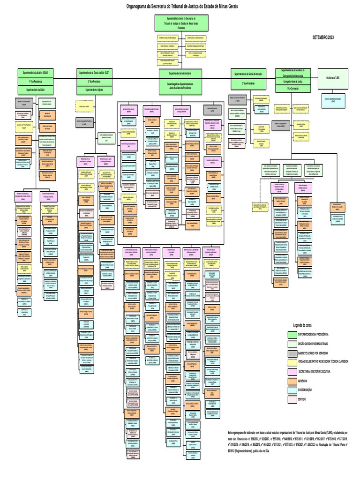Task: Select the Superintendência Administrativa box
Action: [180, 74]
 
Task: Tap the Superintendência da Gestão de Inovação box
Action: [248, 74]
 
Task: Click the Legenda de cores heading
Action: [303, 325]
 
